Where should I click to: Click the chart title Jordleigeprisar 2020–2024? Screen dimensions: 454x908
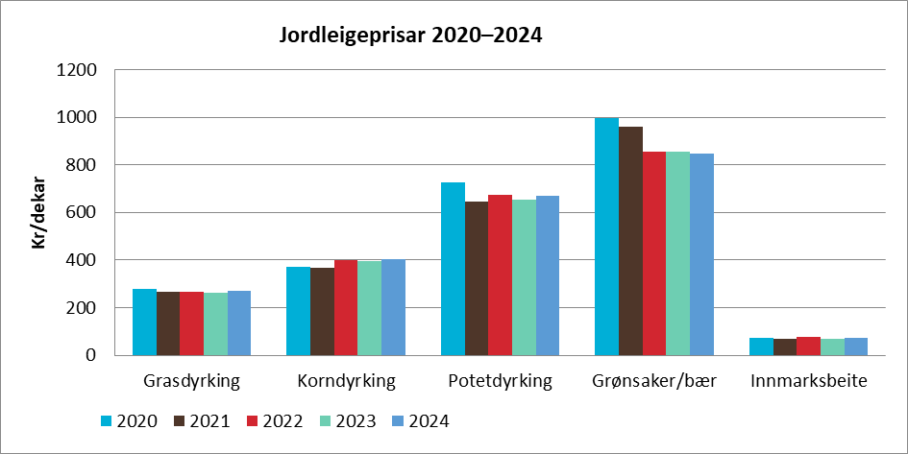(410, 36)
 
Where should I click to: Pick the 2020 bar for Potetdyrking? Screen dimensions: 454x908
(453, 269)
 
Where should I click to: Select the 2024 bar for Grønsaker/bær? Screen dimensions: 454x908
(701, 254)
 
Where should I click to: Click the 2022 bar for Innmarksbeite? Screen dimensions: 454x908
(808, 346)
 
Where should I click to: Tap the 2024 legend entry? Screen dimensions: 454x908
(419, 421)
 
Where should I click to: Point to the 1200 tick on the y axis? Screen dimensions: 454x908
(77, 70)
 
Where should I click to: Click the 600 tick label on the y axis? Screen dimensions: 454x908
(83, 213)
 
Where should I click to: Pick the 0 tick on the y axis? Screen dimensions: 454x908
(92, 355)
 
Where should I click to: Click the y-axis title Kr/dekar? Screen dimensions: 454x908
(39, 213)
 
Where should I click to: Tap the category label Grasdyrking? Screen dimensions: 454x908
(191, 381)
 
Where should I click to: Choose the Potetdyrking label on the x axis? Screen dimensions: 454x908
(500, 381)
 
